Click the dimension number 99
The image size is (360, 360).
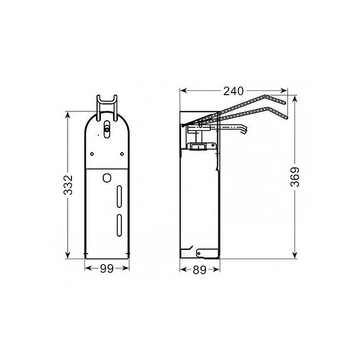point(106,269)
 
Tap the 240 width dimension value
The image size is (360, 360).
point(231,90)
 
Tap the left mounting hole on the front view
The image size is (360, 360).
point(93,152)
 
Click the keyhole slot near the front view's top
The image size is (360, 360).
point(106,129)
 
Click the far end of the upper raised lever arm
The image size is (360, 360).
point(284,100)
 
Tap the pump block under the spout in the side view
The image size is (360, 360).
point(200,147)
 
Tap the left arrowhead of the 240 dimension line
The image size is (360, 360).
point(182,90)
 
